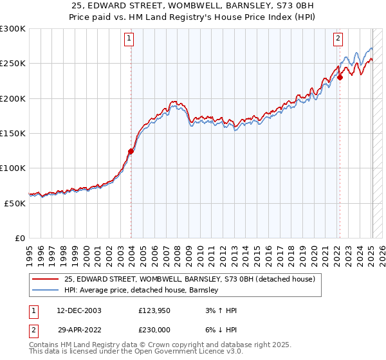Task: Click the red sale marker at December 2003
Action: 131,152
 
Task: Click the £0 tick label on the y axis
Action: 19,238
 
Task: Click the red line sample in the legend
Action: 45,279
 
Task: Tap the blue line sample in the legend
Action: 45,291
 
